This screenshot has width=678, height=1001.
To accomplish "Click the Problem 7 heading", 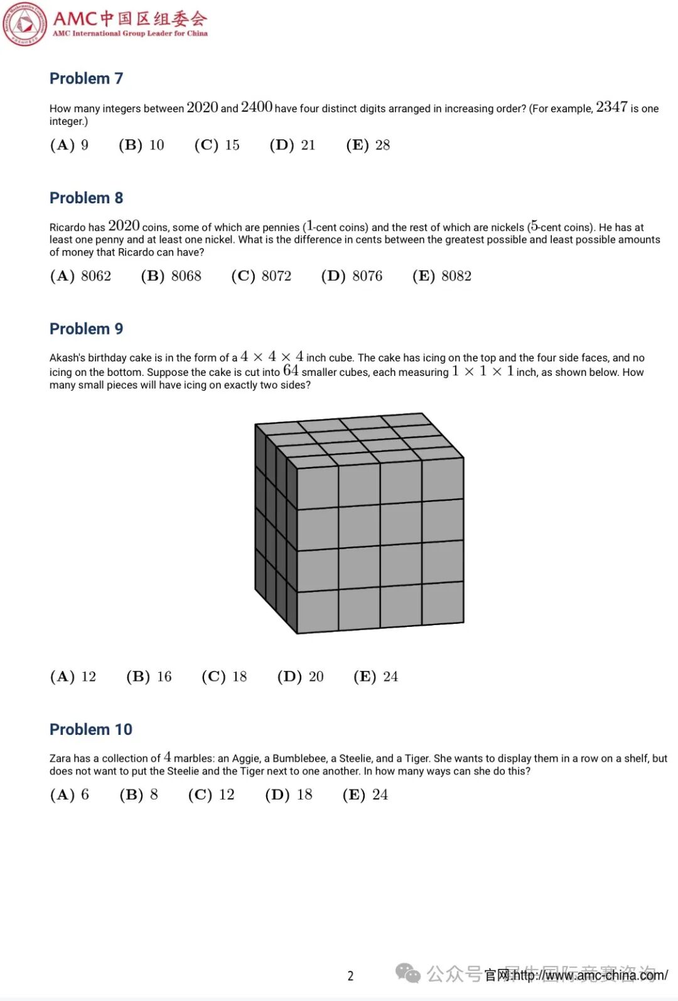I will (86, 78).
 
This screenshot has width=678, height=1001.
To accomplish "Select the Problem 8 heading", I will (86, 198).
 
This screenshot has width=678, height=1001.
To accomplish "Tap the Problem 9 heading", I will (86, 329).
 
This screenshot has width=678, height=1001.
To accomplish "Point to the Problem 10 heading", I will (91, 729).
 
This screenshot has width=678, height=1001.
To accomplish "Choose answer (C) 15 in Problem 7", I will (217, 145).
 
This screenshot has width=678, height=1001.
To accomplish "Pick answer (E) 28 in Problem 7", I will (368, 145).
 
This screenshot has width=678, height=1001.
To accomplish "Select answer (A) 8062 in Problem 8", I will (80, 276).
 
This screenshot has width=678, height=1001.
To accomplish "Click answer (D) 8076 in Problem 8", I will (352, 276).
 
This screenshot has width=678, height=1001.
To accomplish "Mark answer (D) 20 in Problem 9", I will (300, 677).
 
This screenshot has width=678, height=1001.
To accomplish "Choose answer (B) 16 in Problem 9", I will (149, 677).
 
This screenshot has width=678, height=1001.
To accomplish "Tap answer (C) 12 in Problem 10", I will (211, 795).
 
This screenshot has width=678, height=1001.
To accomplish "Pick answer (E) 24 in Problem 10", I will (365, 795).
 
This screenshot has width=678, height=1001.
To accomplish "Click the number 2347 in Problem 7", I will (611, 107).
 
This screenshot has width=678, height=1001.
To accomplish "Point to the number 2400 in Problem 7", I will (256, 107).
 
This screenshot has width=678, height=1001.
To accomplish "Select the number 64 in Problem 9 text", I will (291, 371).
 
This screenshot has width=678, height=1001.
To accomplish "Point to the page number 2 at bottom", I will (350, 975).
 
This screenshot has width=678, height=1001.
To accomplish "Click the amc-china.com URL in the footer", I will (590, 975).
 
